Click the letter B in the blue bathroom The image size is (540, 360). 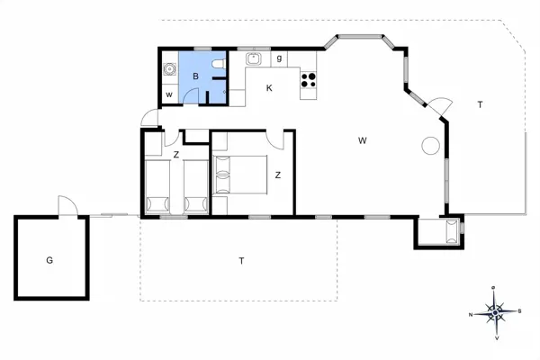pyautogui.click(x=195, y=76)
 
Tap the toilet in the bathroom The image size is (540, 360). pyautogui.click(x=217, y=67)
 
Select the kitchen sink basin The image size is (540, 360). pyautogui.click(x=255, y=60)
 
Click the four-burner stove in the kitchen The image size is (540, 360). pyautogui.click(x=308, y=79)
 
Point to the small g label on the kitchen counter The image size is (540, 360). pyautogui.click(x=280, y=58)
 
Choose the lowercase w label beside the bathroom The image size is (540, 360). pyautogui.click(x=168, y=94)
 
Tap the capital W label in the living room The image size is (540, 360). pyautogui.click(x=362, y=139)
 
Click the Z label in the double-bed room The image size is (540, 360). pyautogui.click(x=278, y=175)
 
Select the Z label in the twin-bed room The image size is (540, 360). pyautogui.click(x=175, y=155)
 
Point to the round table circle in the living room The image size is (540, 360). pyautogui.click(x=429, y=144)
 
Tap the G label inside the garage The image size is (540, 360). pyautogui.click(x=49, y=260)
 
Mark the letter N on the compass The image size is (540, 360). pyautogui.click(x=471, y=314)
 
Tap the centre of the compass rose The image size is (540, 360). pyautogui.click(x=495, y=312)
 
